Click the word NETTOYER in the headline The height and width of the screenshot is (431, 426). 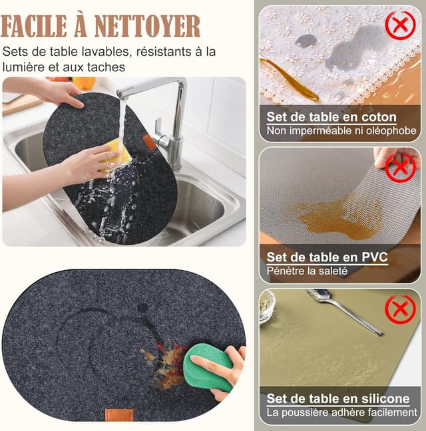click(147, 26)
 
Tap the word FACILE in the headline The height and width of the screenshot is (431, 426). click(34, 26)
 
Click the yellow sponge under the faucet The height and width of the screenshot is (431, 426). click(116, 154)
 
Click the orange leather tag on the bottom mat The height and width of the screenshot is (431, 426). click(119, 415)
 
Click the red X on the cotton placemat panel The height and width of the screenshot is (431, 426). click(400, 25)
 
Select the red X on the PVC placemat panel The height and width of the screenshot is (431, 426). click(400, 168)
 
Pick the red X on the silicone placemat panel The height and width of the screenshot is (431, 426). click(400, 309)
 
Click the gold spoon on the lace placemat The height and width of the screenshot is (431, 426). click(289, 79)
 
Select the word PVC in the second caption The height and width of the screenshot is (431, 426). click(374, 257)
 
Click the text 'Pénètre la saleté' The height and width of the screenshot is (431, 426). click(307, 271)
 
